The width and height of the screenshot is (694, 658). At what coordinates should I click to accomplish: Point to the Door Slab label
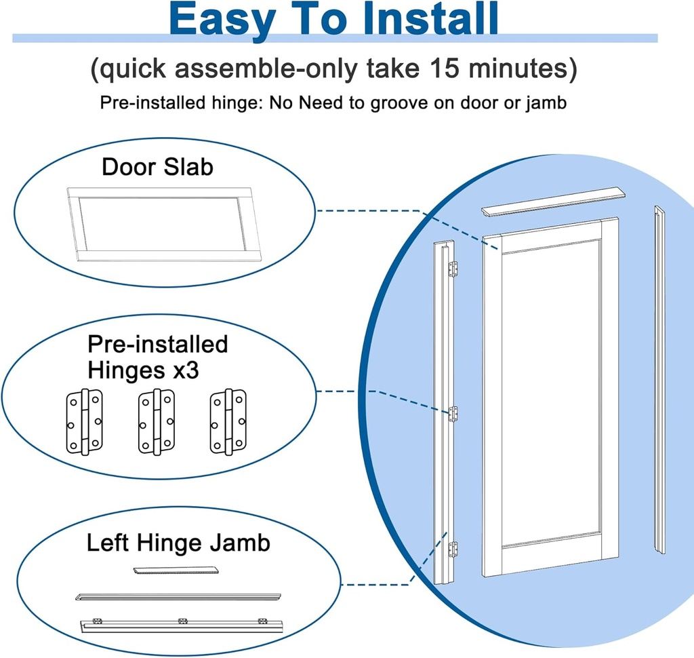tap(157, 167)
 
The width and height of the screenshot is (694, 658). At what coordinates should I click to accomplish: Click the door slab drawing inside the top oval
tap(163, 224)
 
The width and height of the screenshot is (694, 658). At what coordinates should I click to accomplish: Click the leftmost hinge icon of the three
tap(84, 422)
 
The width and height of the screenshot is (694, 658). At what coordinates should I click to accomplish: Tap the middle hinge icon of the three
tap(156, 422)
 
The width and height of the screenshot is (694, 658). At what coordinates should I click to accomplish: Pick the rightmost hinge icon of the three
tap(227, 422)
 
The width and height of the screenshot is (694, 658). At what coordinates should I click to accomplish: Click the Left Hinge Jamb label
tap(178, 543)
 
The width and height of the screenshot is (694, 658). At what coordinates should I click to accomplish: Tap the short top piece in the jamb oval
tap(177, 570)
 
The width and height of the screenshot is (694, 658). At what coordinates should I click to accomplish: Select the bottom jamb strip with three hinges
tap(180, 624)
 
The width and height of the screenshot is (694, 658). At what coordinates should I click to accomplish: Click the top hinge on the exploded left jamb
tap(453, 269)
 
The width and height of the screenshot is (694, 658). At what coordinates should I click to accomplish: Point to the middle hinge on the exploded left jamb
tap(453, 413)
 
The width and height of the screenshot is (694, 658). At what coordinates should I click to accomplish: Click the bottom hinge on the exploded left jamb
tap(453, 548)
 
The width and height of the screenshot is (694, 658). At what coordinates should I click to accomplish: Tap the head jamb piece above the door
tap(552, 202)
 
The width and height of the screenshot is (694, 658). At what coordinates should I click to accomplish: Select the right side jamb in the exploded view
tap(659, 380)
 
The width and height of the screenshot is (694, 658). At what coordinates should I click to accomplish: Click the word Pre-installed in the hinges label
tap(157, 345)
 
